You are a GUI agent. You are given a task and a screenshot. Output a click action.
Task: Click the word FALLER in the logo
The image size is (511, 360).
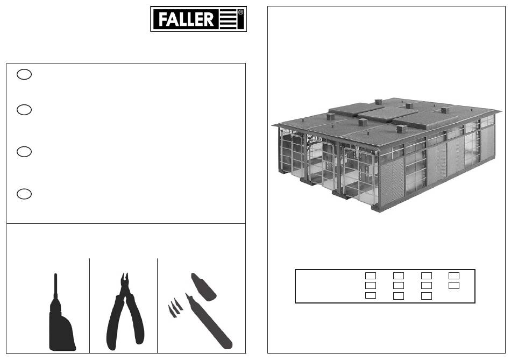point(186,19)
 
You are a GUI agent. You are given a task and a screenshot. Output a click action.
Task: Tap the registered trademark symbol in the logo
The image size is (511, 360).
point(241,12)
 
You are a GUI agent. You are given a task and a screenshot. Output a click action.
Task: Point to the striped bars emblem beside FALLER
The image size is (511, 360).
point(228,19)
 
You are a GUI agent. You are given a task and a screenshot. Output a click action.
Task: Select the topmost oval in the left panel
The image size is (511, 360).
point(24,74)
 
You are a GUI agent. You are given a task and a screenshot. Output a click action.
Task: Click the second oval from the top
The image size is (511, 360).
point(24,110)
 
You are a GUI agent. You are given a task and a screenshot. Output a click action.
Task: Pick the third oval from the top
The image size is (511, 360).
point(24,152)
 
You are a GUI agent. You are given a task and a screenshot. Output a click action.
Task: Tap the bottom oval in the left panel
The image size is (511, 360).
point(24,194)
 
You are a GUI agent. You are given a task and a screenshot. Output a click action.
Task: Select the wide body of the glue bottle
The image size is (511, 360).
point(61,329)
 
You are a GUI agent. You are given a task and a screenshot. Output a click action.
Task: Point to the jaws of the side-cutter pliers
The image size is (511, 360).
point(125,281)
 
